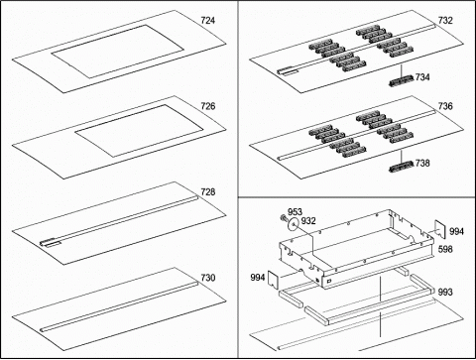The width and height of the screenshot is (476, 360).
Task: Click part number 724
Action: [208, 21]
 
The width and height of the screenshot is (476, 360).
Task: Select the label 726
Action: [208, 106]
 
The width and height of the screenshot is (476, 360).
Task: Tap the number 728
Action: [208, 191]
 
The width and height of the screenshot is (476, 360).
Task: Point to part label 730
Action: [208, 278]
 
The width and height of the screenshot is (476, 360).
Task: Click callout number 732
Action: [445, 21]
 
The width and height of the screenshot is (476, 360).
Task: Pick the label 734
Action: [422, 77]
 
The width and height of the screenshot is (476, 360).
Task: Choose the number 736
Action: [445, 106]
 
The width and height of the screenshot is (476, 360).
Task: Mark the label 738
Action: [422, 163]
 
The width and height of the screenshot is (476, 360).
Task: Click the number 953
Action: [295, 212]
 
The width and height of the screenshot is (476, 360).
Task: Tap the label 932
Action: [308, 221]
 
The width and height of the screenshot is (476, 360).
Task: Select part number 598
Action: [445, 249]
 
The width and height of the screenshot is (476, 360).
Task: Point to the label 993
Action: [445, 292]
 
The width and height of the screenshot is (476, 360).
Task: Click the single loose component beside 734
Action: [402, 80]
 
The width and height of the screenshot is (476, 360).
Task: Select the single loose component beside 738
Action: [402, 167]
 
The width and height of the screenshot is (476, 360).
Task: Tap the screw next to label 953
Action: [283, 218]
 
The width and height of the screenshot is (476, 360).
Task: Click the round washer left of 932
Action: [293, 225]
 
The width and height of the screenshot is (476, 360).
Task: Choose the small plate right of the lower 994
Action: [273, 280]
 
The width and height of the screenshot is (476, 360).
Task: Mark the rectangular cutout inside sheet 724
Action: [118, 52]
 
